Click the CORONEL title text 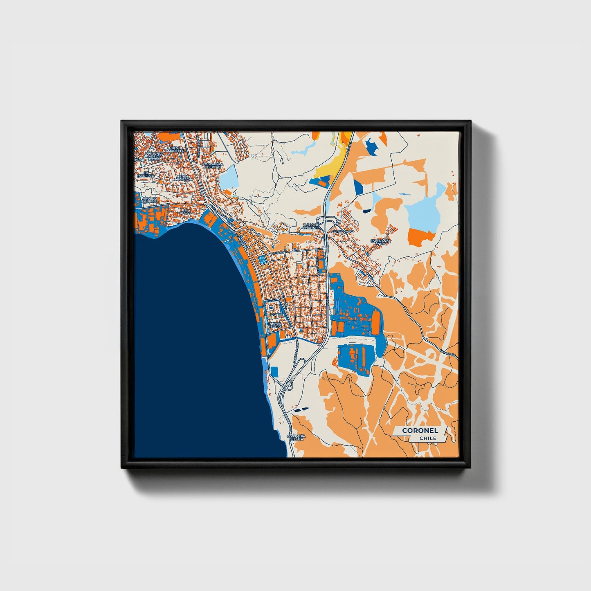tap(420, 430)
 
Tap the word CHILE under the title tap(427, 438)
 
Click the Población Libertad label tap(212, 165)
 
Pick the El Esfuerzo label tap(146, 174)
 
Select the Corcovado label tap(342, 231)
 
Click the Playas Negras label tap(275, 325)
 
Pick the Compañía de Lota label tap(296, 437)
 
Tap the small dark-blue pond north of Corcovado tap(366, 211)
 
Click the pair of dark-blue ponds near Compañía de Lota tap(300, 409)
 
